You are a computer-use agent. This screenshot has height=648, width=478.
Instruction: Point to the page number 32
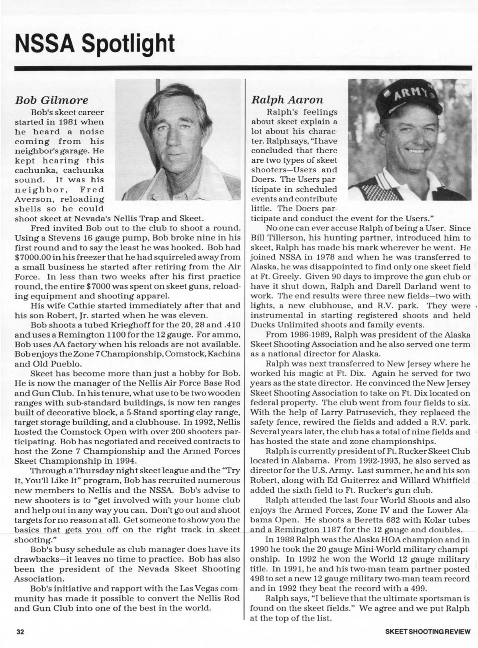tap(20, 631)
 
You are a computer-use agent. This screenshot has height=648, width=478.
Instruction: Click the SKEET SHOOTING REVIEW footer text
tap(428, 631)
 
